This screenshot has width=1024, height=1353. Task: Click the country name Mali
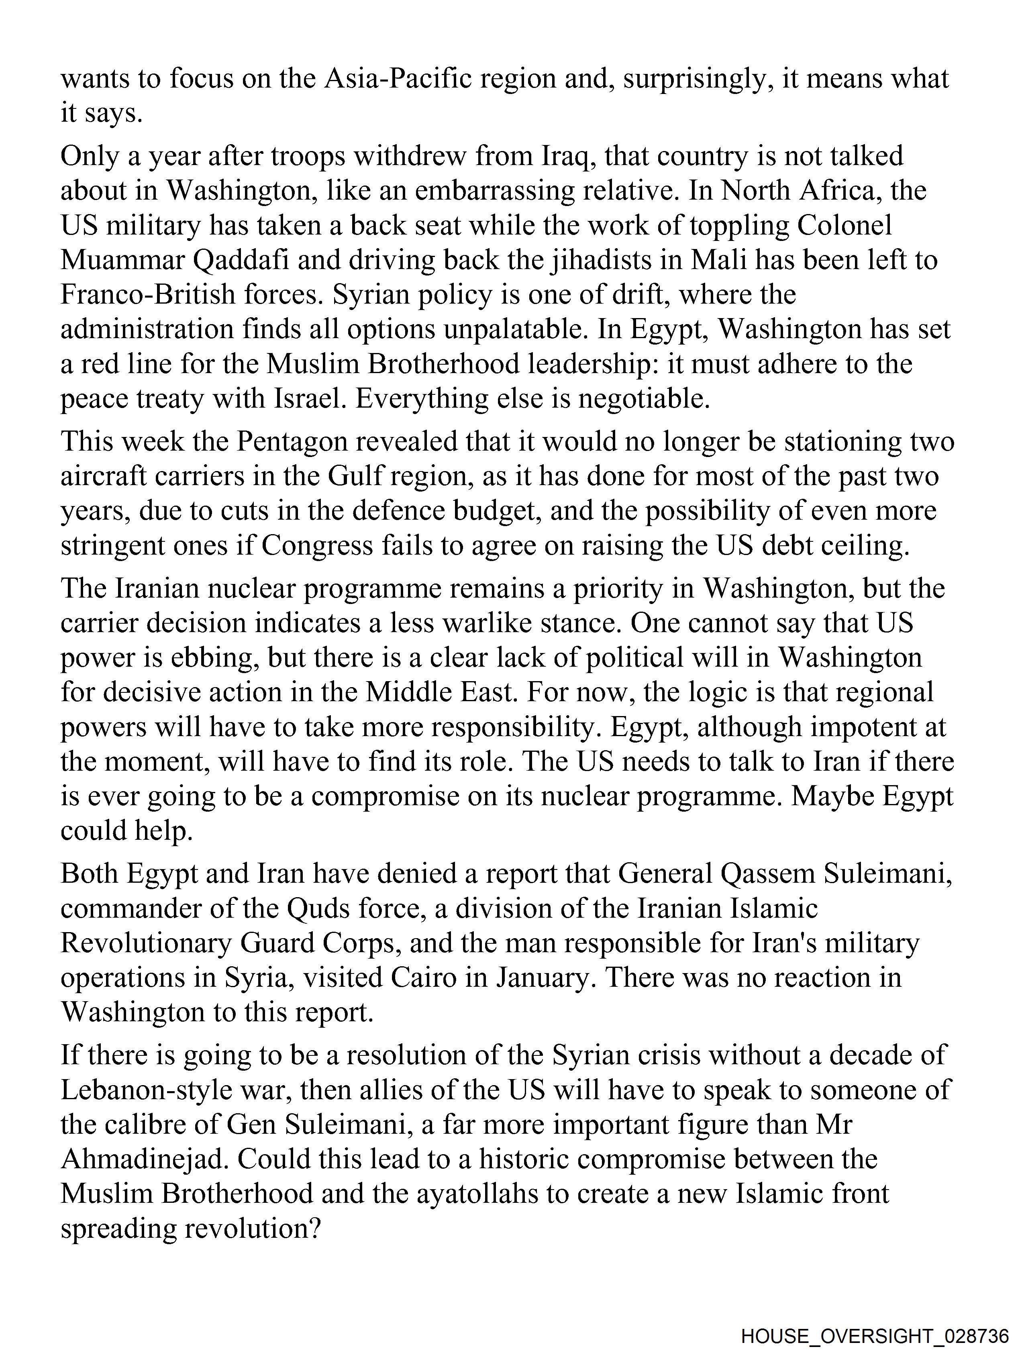point(719,261)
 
